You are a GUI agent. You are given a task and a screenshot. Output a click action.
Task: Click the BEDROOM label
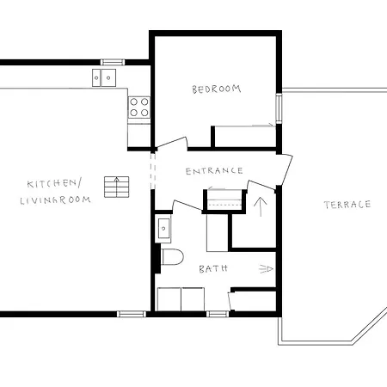click(216, 89)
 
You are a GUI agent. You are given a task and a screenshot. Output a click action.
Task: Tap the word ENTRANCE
click(214, 170)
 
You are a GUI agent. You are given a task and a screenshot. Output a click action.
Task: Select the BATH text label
click(213, 269)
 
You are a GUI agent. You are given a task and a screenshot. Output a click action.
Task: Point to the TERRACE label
click(347, 205)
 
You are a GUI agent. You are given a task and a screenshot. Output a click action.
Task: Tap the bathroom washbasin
click(163, 229)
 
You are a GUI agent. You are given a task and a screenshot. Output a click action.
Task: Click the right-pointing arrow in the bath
click(266, 269)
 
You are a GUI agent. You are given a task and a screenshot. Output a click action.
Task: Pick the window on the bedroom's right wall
click(279, 107)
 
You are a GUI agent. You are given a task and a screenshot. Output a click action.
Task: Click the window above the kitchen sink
click(113, 62)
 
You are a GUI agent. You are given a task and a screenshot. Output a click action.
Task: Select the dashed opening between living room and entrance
click(153, 169)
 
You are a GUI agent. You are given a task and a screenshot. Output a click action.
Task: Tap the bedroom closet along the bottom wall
click(244, 136)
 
